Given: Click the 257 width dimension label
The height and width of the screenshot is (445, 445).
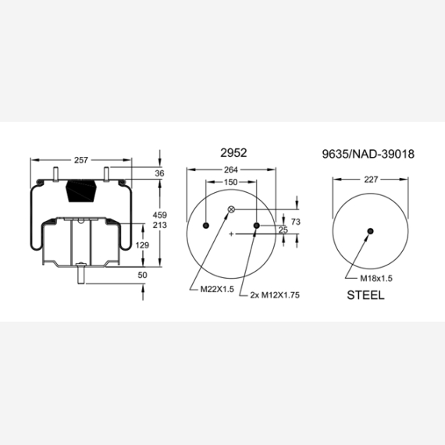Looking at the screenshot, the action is [81, 160].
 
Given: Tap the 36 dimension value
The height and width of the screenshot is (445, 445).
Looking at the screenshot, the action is [159, 173].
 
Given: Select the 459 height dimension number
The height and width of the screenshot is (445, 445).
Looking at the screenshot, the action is [160, 215].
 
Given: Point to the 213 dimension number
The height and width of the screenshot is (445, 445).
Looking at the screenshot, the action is [160, 225].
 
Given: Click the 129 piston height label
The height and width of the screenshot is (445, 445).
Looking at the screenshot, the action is [142, 245].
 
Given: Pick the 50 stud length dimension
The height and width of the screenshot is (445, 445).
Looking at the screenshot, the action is [142, 275].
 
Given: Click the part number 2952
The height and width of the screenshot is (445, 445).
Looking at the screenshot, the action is [233, 153].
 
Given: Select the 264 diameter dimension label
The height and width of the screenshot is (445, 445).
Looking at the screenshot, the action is [231, 169].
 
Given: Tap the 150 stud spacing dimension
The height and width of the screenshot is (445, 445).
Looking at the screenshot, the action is [231, 182].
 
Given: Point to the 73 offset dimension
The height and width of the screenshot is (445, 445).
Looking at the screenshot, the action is [296, 222].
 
